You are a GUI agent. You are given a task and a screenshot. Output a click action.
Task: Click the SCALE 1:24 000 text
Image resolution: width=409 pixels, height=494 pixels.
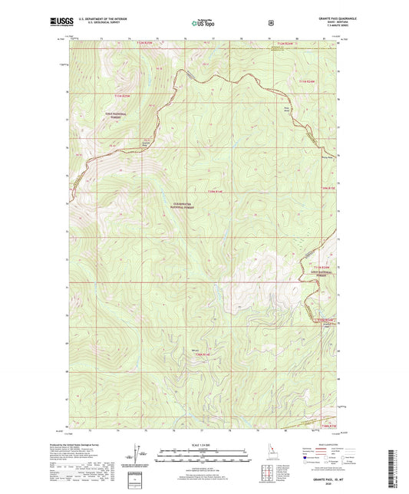point(203,445)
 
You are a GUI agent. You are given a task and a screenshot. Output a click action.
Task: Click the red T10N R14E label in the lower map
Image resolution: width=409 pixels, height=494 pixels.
point(202,354)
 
